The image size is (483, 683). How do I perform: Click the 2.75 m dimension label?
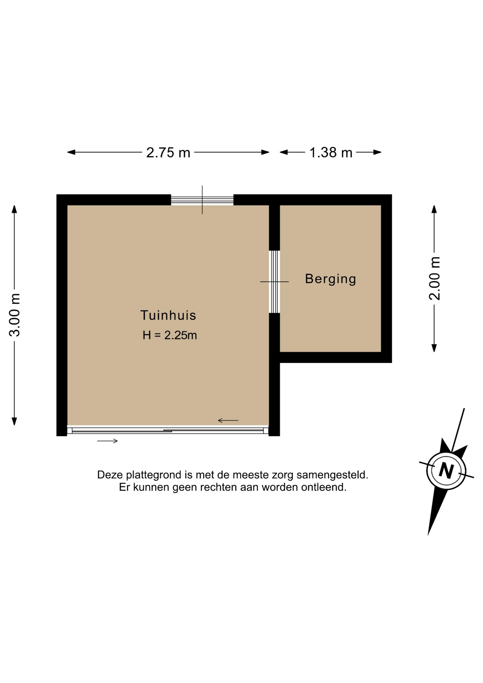click(168, 153)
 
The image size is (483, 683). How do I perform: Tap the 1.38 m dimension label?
click(331, 153)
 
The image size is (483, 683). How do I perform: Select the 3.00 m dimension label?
click(15, 315)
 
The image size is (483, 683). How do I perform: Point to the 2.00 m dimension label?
click(434, 279)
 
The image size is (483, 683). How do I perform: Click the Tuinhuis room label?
click(168, 315)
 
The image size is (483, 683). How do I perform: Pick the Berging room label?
click(330, 279)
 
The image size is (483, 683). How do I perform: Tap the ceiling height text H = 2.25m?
click(170, 335)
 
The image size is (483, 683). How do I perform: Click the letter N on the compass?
click(446, 471)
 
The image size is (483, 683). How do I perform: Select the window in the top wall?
click(202, 200)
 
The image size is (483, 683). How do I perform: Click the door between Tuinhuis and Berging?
click(274, 282)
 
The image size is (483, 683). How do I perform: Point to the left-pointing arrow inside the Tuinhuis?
click(228, 420)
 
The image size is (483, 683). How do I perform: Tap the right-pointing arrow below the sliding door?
click(107, 441)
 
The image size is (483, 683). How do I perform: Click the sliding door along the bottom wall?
click(168, 431)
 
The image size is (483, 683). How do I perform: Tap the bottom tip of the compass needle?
click(428, 535)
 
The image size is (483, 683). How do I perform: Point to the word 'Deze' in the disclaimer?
click(110, 475)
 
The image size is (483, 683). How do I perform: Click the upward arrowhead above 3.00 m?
click(14, 209)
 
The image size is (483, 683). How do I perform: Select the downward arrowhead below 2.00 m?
click(434, 348)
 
